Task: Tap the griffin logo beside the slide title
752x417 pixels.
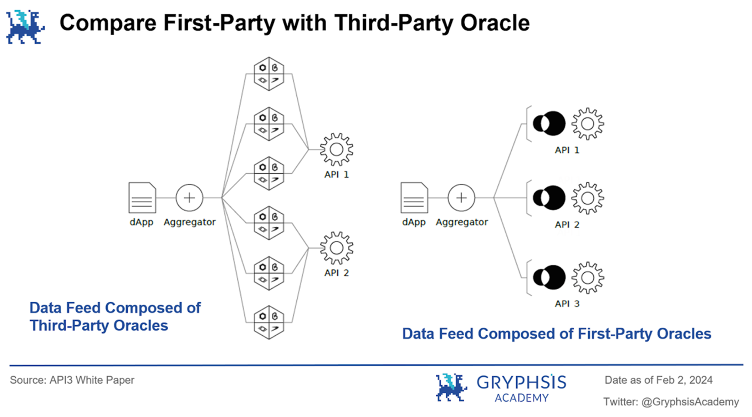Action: point(25,27)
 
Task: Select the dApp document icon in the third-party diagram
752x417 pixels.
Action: point(142,198)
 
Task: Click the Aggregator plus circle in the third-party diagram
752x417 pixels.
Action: point(189,198)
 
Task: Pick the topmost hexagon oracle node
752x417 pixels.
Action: point(269,74)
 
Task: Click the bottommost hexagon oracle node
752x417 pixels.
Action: point(269,322)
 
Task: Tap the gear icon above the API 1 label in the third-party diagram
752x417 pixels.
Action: point(336,149)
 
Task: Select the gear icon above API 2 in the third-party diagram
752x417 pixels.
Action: point(336,248)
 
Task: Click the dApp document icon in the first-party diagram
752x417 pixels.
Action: point(414,198)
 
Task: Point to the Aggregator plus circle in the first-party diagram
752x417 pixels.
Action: point(461,198)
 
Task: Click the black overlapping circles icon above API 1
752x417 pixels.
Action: point(549,123)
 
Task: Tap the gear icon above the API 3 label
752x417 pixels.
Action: point(588,278)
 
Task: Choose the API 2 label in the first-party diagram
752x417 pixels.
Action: point(567,225)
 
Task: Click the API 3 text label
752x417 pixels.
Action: point(567,304)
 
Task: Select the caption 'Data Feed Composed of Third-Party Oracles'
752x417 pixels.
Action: point(115,317)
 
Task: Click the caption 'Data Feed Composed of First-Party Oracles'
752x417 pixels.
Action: point(557,334)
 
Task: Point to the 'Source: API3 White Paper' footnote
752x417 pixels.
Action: point(72,380)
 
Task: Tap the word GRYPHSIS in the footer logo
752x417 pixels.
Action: point(521,382)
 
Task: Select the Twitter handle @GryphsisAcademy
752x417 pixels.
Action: point(690,402)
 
